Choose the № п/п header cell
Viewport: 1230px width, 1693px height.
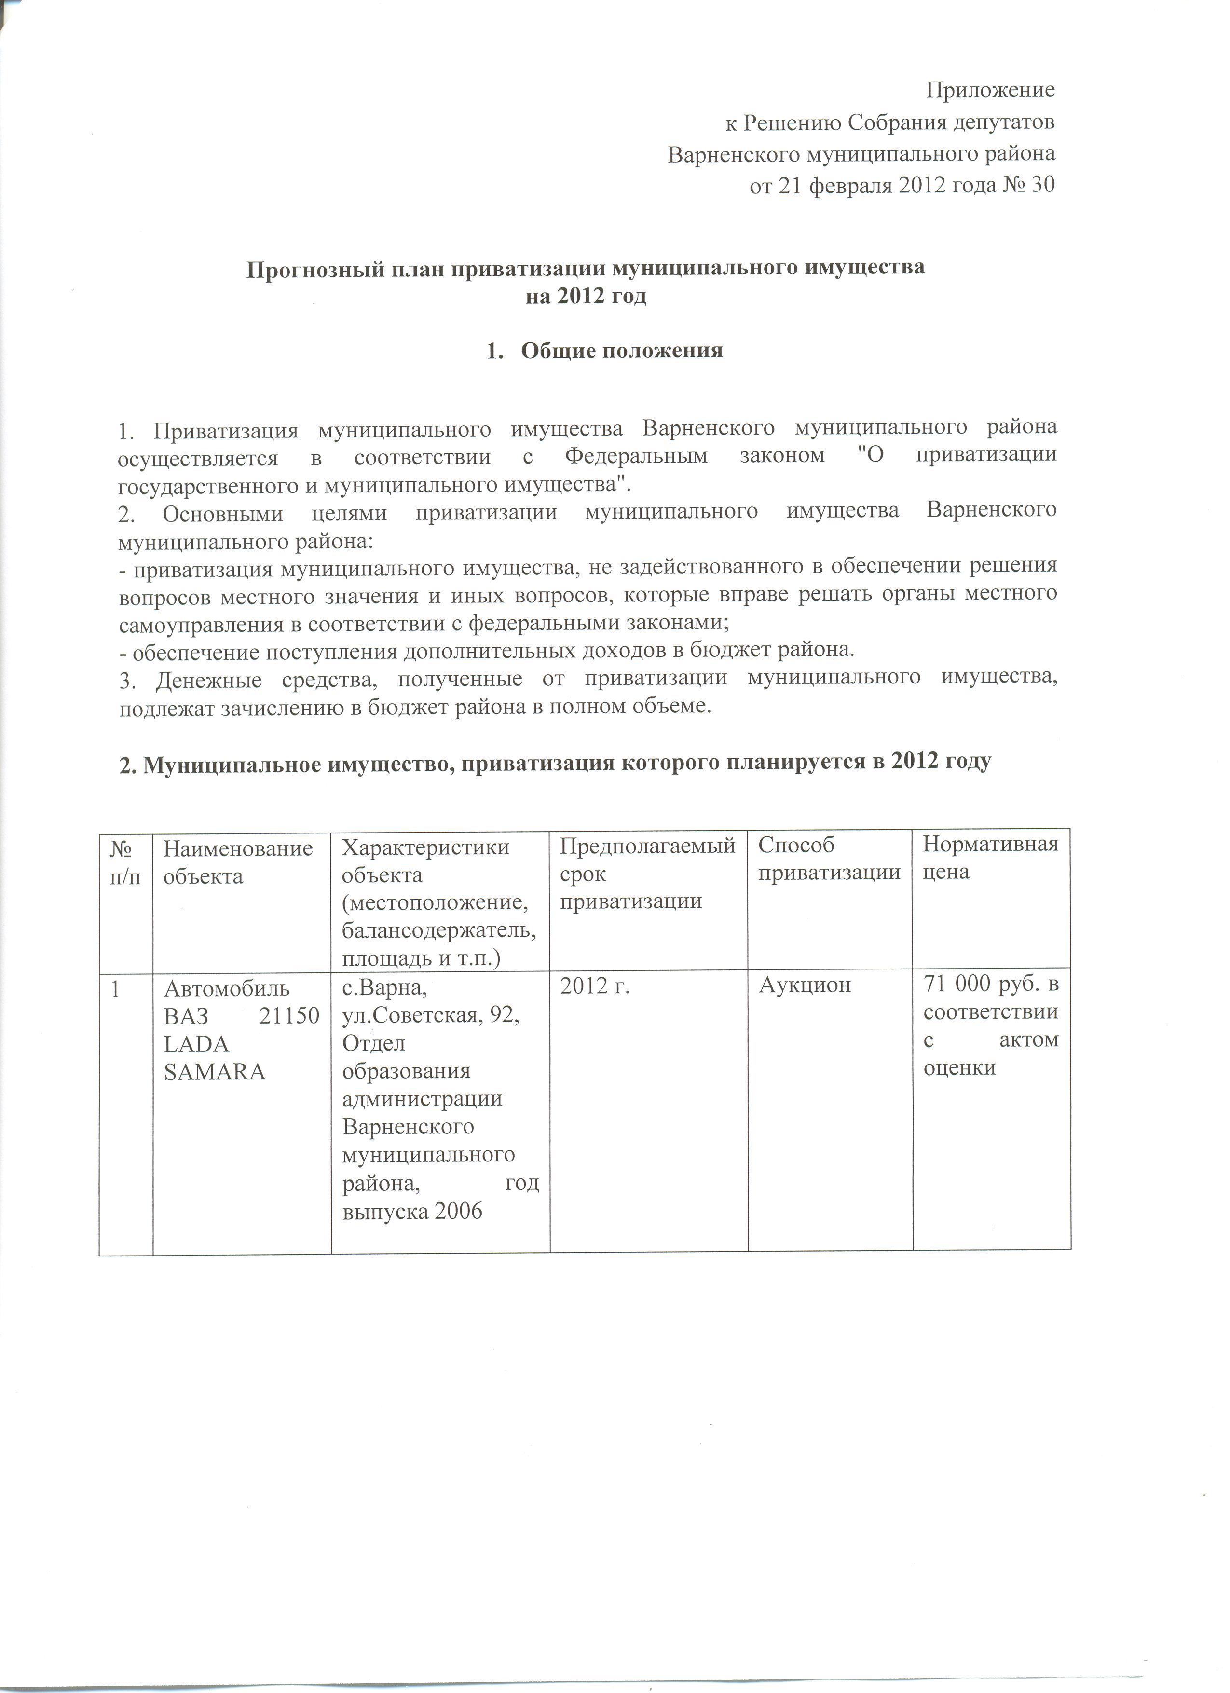pyautogui.click(x=125, y=861)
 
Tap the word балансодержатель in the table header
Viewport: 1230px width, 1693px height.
pyautogui.click(x=439, y=931)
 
